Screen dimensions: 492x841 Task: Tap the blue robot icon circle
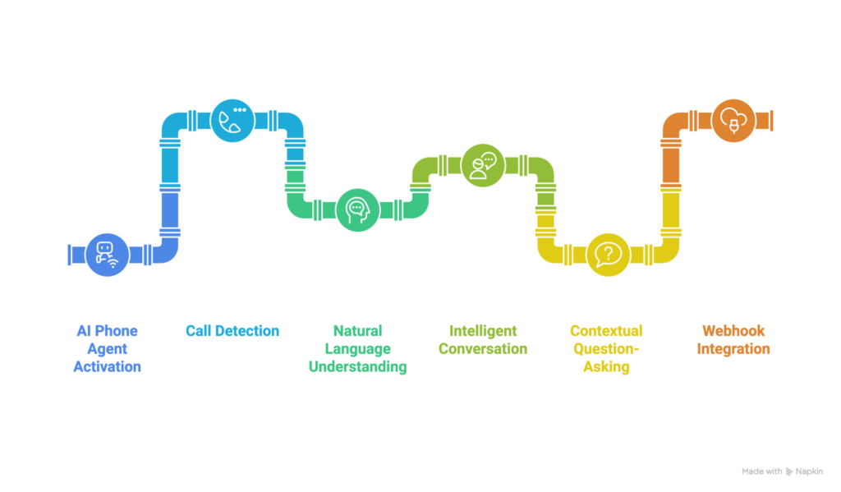(107, 254)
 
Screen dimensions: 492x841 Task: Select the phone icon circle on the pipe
(232, 120)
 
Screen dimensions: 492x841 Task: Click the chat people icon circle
(483, 164)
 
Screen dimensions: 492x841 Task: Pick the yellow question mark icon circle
(609, 253)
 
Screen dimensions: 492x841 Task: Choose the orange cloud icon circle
(733, 120)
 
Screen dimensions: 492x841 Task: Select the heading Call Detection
(232, 331)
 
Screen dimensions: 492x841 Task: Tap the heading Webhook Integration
(733, 340)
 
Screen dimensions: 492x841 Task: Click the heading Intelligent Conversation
(483, 339)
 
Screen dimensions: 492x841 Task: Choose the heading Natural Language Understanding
(358, 349)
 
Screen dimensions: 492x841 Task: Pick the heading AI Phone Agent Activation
(107, 348)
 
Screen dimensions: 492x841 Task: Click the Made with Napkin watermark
(785, 471)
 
